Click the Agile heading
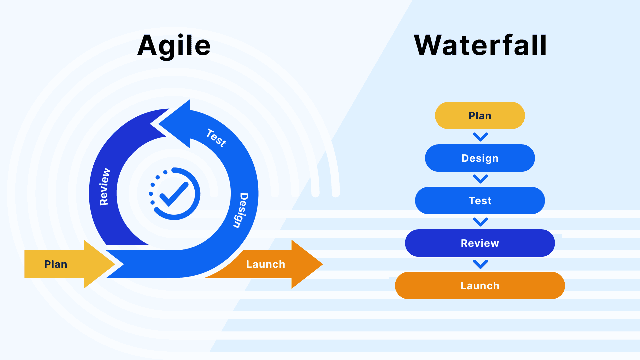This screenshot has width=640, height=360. point(174,46)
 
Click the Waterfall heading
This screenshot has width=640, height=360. point(480,46)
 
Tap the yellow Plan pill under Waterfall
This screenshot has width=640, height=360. point(480,116)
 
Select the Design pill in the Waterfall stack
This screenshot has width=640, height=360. point(480,158)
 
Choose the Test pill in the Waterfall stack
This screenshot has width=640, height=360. point(480,201)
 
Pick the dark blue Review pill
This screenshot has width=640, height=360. point(480,243)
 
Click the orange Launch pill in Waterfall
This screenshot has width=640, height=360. point(480,286)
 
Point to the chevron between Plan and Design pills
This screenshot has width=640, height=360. point(480,137)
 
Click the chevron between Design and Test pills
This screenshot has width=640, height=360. point(480,179)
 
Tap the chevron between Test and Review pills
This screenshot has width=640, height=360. point(480,222)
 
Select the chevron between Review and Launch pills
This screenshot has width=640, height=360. point(480,264)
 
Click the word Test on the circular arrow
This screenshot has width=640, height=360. point(216,138)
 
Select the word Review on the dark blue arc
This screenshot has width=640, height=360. point(105,187)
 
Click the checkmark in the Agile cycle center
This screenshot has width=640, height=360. point(174,194)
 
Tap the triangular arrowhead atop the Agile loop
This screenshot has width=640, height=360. point(177,124)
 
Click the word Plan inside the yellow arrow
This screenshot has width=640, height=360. point(56,264)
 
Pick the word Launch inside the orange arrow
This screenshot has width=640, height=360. point(266,264)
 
